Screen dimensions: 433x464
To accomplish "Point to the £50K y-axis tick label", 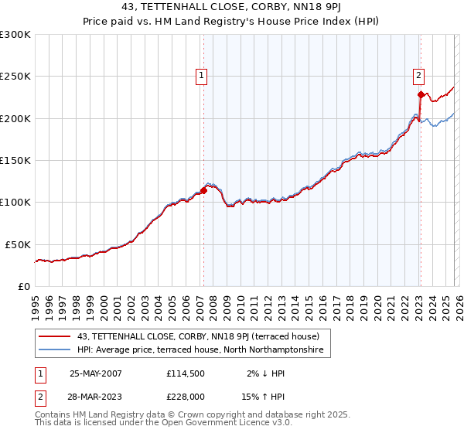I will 17,244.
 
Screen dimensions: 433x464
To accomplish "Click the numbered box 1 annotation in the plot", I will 201,76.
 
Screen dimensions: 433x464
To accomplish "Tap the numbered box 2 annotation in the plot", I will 418,76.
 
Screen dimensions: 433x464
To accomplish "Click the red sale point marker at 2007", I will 203,189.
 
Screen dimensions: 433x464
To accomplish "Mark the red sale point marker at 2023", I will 420,95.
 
